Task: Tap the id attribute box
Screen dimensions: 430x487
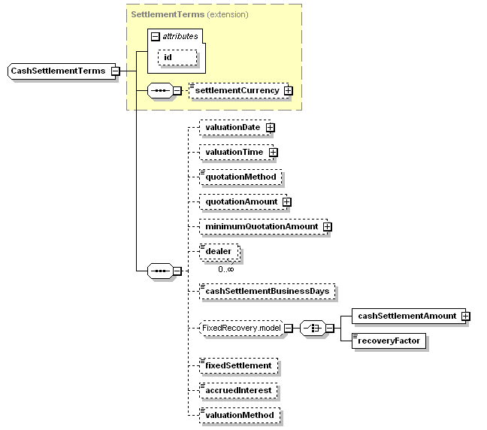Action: point(177,56)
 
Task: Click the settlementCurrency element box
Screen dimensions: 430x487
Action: point(235,91)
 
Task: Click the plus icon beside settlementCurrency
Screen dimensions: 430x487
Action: point(288,91)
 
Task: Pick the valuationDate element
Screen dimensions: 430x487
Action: point(232,127)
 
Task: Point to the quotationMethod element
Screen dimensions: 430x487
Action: point(241,177)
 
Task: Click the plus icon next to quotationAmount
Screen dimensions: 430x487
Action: point(286,201)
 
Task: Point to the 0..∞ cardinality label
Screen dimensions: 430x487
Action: point(225,268)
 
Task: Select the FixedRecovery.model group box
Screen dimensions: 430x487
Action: point(240,328)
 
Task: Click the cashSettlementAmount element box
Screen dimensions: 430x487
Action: point(407,316)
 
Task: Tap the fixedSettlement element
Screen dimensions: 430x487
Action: point(239,365)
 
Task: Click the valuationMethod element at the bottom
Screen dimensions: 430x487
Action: point(240,415)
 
